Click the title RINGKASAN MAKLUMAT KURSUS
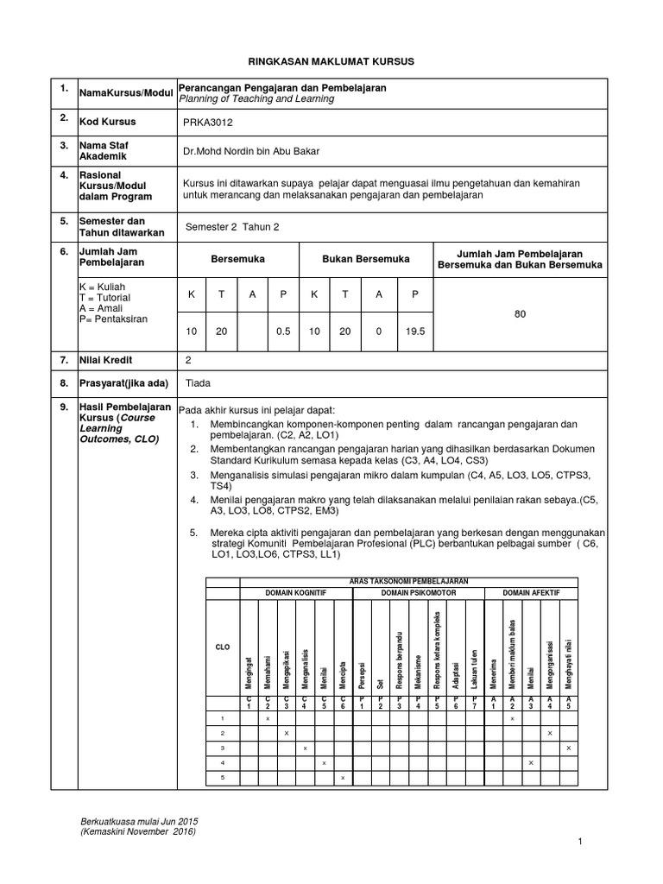[332, 62]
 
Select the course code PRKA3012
[208, 123]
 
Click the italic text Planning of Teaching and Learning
[256, 99]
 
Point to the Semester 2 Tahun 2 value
[233, 227]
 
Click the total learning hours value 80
[520, 314]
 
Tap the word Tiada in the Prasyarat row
[199, 382]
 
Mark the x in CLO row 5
[343, 779]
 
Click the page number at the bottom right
[581, 842]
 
